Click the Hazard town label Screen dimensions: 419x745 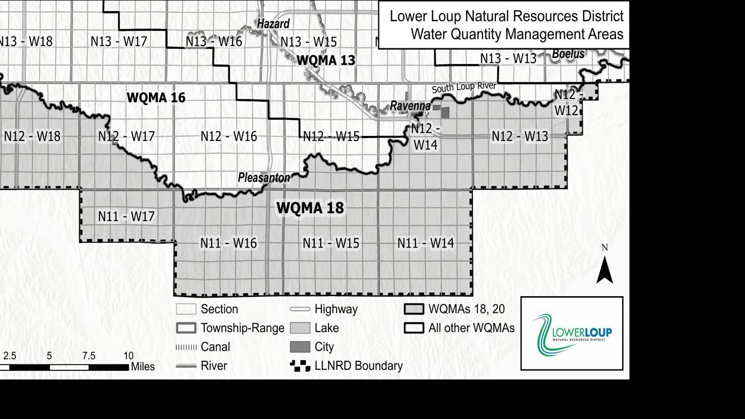(273, 24)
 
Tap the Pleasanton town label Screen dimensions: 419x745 (264, 178)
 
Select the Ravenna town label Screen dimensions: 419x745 (410, 106)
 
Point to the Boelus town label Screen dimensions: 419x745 (568, 54)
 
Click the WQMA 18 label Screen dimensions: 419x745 (310, 207)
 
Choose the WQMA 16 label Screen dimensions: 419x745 (156, 97)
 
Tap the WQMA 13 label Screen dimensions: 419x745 (326, 60)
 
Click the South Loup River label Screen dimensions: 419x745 (464, 87)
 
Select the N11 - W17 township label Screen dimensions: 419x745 (126, 217)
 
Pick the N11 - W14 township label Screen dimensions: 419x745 (425, 243)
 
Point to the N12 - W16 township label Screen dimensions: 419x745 (228, 136)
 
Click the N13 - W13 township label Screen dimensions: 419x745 (508, 59)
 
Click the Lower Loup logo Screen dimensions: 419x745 (571, 333)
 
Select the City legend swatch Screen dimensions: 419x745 (300, 347)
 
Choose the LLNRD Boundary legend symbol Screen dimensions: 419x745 (300, 366)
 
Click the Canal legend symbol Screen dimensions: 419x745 (186, 347)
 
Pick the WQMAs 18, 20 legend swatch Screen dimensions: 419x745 (414, 309)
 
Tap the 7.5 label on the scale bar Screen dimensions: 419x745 (89, 356)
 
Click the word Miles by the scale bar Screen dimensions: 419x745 (143, 367)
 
